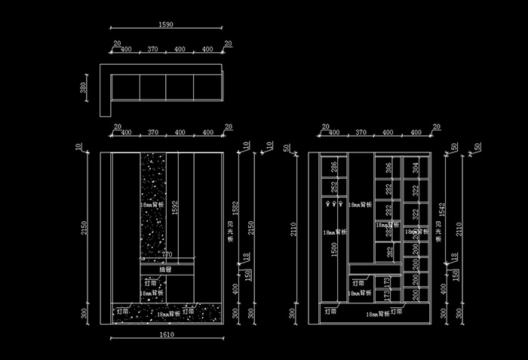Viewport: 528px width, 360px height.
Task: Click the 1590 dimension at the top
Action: tap(166, 25)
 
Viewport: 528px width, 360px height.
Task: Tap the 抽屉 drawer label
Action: tap(166, 269)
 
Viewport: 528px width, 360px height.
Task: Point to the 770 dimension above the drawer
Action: tap(167, 254)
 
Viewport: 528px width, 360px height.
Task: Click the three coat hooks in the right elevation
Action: tap(333, 203)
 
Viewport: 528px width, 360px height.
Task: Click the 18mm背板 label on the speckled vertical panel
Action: tap(152, 205)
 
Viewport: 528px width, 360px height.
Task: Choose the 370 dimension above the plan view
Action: tap(152, 50)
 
